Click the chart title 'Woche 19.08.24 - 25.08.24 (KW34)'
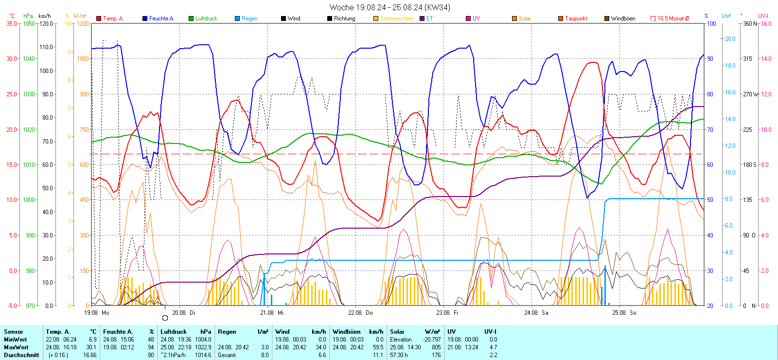389,7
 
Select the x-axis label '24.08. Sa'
536,313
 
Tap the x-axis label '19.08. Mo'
96,313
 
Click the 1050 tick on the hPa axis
29,23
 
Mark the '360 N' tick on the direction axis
750,23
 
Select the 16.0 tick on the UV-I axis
766,23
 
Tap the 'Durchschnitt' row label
21,355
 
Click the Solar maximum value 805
436,347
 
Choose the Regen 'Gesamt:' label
227,355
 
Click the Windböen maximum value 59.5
378,347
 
